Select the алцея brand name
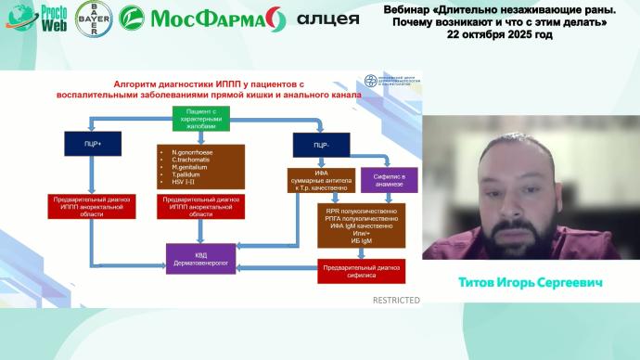(x=328, y=19)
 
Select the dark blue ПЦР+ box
(x=88, y=144)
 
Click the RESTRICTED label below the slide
(x=396, y=300)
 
